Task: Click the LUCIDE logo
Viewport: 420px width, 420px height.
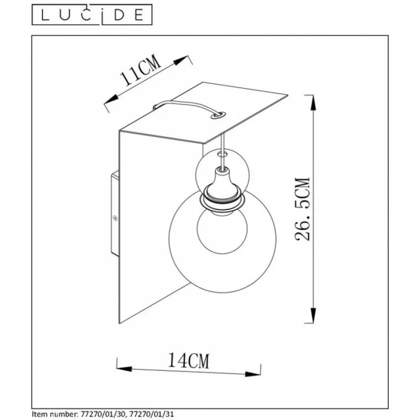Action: (x=92, y=15)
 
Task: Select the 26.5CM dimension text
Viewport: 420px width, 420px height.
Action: (x=302, y=209)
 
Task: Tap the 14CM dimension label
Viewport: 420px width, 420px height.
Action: (x=188, y=360)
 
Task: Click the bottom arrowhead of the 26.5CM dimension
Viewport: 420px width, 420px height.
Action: (x=312, y=315)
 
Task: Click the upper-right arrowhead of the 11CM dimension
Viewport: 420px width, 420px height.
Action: (x=181, y=61)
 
